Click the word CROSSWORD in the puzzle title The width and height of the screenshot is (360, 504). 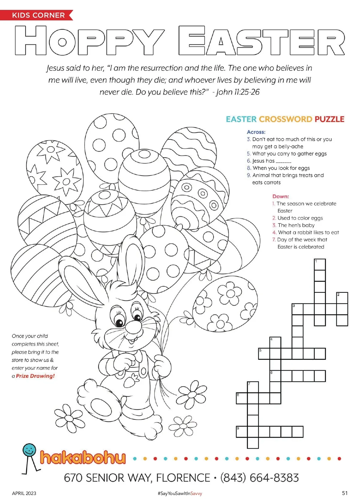click(x=285, y=119)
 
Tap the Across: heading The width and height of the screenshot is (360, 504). click(x=256, y=132)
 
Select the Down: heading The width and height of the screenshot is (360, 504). click(x=280, y=196)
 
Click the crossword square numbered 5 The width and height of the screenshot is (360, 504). click(x=264, y=354)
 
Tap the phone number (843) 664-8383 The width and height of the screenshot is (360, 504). click(x=259, y=478)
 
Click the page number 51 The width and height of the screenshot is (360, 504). click(x=345, y=493)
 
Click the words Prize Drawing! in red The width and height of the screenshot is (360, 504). click(x=35, y=376)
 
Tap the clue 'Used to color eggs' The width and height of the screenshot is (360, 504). click(x=300, y=218)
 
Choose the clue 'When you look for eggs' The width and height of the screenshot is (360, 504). click(x=281, y=168)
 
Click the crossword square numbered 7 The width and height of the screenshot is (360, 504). click(x=253, y=387)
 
